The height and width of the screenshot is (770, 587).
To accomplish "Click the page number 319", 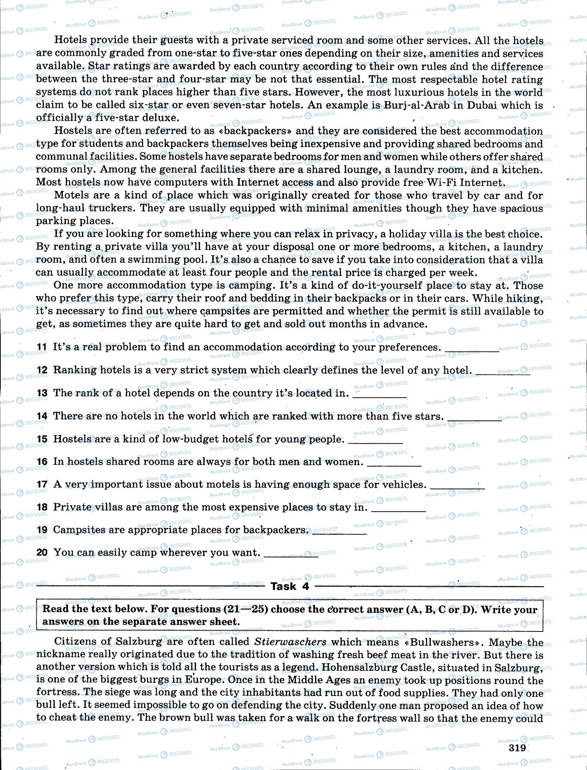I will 517,748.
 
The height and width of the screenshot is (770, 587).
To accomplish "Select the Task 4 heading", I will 289,586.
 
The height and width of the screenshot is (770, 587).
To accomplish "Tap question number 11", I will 42,347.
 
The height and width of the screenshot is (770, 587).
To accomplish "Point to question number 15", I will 42,439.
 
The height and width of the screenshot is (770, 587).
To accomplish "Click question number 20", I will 42,552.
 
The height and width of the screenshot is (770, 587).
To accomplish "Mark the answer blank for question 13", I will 380,396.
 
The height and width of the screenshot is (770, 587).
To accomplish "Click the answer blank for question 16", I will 394,465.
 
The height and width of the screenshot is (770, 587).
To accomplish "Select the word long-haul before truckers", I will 60,208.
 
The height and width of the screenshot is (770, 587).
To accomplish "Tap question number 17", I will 42,484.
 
